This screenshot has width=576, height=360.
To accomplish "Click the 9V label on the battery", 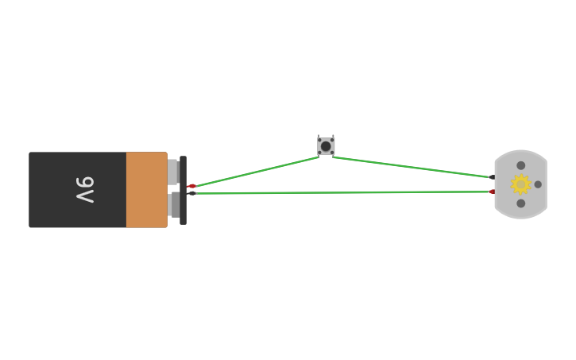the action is [85, 189].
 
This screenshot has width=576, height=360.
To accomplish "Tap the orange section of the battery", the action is [146, 189].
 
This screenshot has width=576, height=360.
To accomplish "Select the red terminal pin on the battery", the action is [191, 186].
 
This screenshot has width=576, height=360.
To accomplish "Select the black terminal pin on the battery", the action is [191, 193].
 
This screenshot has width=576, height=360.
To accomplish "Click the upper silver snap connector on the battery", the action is [172, 171].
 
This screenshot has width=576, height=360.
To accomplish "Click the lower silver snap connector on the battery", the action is [175, 204].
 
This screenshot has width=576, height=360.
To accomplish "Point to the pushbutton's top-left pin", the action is [319, 137].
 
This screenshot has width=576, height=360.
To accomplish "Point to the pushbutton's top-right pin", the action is [333, 137].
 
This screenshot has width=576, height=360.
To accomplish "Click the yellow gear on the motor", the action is [520, 184].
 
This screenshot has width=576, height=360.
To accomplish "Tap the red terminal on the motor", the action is [492, 192].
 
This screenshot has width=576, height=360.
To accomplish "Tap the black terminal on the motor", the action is [492, 177].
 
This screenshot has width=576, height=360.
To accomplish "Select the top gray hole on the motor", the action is [521, 165].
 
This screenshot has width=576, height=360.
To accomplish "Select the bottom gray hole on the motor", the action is [521, 203].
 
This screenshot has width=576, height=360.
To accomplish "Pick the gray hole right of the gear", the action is [538, 184].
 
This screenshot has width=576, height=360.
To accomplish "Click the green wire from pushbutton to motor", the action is [413, 167].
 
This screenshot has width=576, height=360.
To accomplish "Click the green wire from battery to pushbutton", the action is [254, 172].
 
